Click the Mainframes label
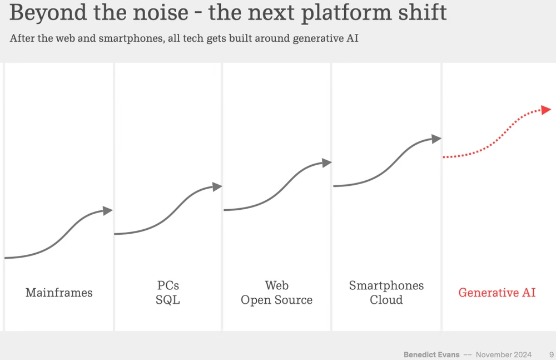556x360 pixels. pyautogui.click(x=59, y=293)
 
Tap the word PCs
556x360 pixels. pyautogui.click(x=168, y=285)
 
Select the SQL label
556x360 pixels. pyautogui.click(x=168, y=300)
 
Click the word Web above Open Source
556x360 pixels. pyautogui.click(x=276, y=285)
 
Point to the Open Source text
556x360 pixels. pyautogui.click(x=276, y=300)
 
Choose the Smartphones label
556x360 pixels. pyautogui.click(x=386, y=285)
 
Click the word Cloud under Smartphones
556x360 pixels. pyautogui.click(x=386, y=300)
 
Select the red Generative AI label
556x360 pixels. pyautogui.click(x=497, y=293)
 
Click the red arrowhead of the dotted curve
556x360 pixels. pyautogui.click(x=546, y=110)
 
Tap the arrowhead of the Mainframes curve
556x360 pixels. pyautogui.click(x=108, y=210)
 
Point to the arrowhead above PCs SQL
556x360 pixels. pyautogui.click(x=217, y=187)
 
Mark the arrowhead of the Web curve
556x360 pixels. pyautogui.click(x=327, y=162)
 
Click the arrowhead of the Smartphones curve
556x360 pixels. pyautogui.click(x=436, y=139)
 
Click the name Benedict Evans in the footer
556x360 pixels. pyautogui.click(x=431, y=354)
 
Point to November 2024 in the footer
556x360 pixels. pyautogui.click(x=504, y=354)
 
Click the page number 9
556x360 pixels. pyautogui.click(x=551, y=354)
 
